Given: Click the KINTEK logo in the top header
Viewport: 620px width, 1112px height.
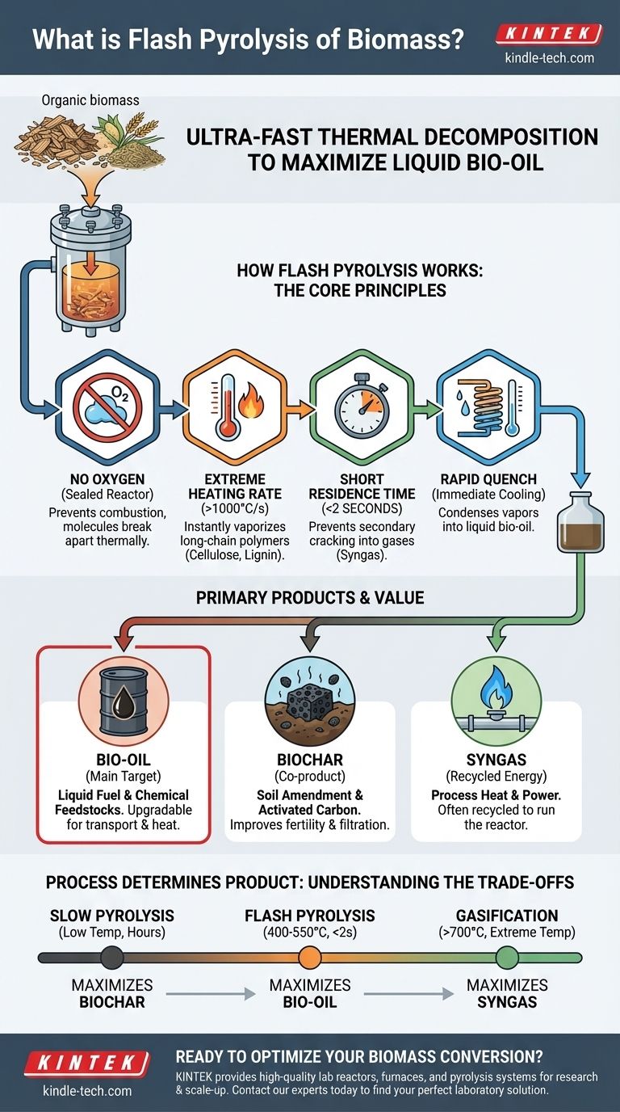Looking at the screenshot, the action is click(x=549, y=34).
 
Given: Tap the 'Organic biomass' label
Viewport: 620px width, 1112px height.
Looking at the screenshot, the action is click(x=90, y=100).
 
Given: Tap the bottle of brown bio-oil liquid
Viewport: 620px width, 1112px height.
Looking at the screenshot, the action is click(x=580, y=522).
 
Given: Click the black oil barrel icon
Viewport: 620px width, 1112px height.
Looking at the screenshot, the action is click(x=124, y=701).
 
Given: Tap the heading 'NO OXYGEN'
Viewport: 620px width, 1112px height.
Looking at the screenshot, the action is click(x=107, y=479).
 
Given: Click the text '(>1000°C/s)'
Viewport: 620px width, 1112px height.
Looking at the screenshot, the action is click(x=235, y=509).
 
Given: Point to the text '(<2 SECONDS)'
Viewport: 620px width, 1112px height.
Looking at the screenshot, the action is click(x=362, y=509).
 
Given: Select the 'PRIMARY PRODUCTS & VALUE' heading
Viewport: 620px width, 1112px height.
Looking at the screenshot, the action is click(x=310, y=598).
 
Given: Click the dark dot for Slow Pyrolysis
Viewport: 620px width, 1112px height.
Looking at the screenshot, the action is click(x=112, y=957).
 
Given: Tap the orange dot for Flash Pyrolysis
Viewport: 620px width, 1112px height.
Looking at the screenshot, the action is click(x=310, y=957).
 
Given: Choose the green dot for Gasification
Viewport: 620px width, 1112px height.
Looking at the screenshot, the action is click(x=507, y=957).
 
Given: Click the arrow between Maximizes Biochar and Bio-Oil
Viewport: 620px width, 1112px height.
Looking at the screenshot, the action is click(x=211, y=994).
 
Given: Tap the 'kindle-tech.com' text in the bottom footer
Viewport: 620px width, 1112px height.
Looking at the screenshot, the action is click(x=87, y=1091).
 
